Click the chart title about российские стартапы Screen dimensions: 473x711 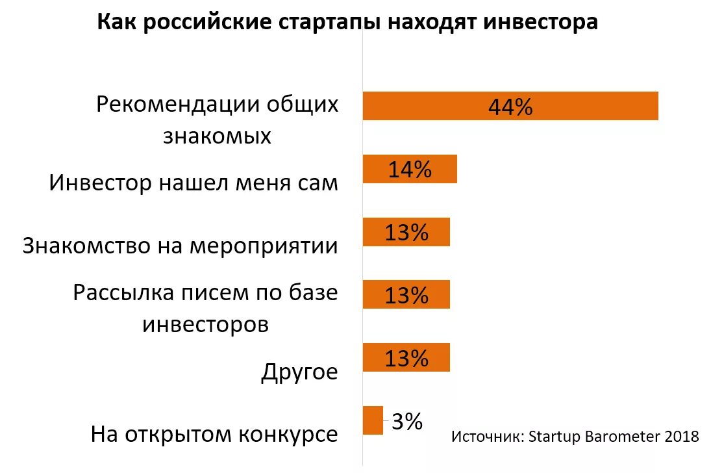(347, 23)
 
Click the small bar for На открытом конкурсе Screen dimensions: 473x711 (373, 420)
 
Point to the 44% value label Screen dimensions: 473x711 (510, 107)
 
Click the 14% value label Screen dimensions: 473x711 (410, 170)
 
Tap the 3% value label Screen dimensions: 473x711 (407, 422)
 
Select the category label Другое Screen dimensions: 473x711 (300, 373)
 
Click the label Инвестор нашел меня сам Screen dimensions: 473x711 (193, 183)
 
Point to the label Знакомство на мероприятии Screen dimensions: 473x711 (181, 246)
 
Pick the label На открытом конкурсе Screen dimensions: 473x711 (214, 434)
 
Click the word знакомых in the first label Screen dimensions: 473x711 (217, 136)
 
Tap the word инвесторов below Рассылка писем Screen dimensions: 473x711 (205, 324)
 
